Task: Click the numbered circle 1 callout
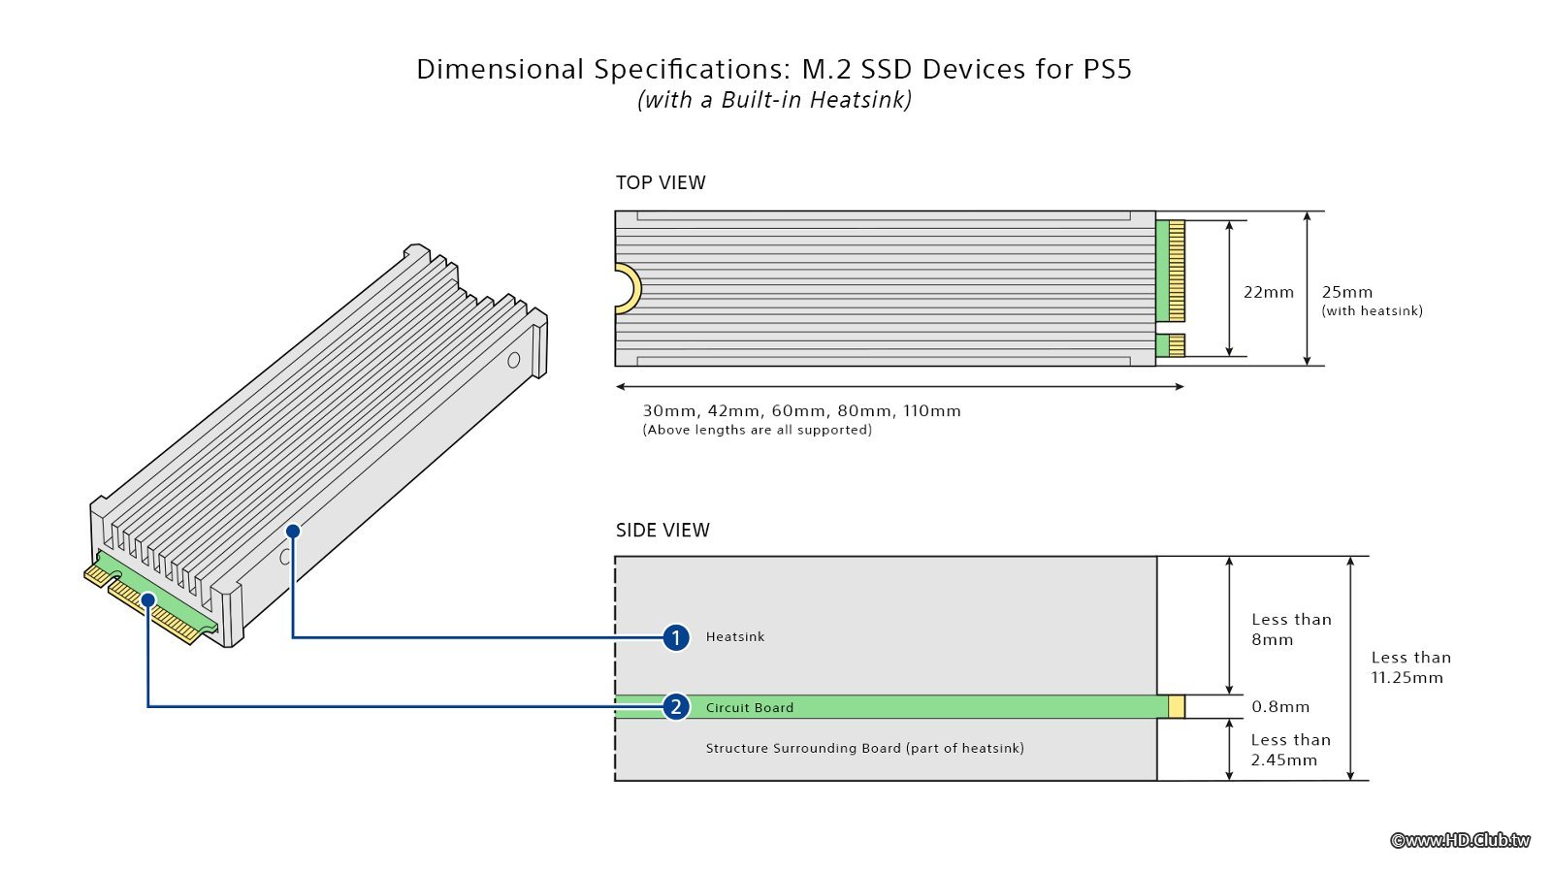[x=676, y=637]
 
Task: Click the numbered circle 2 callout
[x=676, y=706]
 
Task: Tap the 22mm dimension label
[x=1268, y=292]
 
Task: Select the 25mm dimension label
[x=1347, y=292]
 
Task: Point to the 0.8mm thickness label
[x=1280, y=706]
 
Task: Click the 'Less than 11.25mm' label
[x=1410, y=667]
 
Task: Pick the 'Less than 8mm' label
[x=1291, y=629]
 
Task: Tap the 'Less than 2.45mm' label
[x=1290, y=749]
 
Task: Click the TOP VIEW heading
[x=661, y=182]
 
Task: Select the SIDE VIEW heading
[x=663, y=530]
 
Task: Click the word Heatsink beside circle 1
[x=735, y=636]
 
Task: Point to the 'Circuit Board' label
[x=749, y=707]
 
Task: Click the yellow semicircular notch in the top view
[x=630, y=289]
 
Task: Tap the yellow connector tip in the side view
[x=1177, y=706]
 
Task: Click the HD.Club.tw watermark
[x=1460, y=840]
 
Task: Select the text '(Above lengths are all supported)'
[x=757, y=430]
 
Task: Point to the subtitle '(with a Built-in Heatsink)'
[x=774, y=100]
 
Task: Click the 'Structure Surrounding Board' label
[x=864, y=748]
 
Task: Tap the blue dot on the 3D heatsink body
[x=293, y=531]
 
